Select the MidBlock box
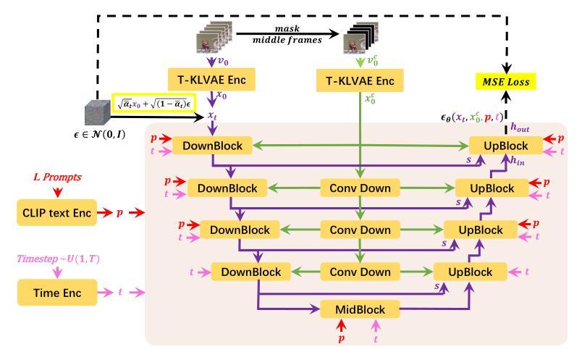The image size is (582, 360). [360, 309]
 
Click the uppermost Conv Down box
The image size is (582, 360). [360, 188]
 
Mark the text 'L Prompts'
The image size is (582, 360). [56, 176]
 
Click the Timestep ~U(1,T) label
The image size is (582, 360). [57, 258]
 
